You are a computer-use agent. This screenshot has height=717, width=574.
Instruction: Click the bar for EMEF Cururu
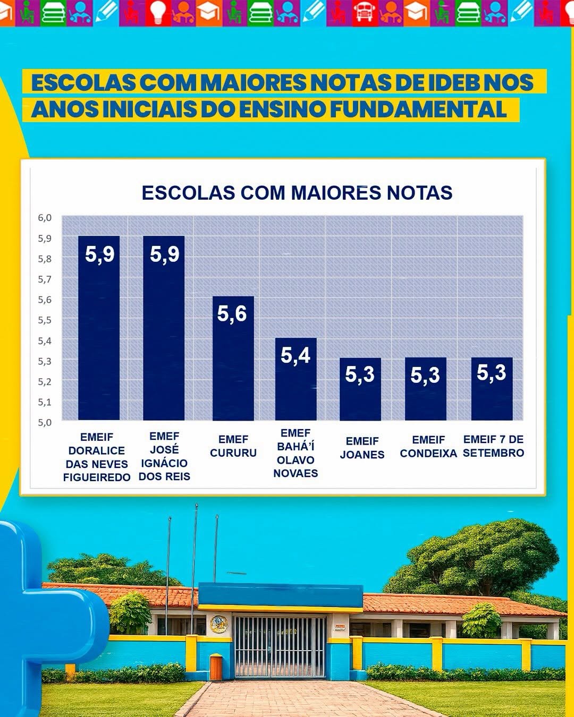coord(233,358)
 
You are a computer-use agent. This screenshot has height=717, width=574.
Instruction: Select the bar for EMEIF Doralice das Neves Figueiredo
coord(99,328)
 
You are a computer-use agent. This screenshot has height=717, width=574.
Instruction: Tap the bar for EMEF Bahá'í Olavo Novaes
coord(296,379)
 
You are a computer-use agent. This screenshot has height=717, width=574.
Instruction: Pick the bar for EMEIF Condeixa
coord(426,389)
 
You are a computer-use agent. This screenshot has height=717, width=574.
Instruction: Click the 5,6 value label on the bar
coord(232,314)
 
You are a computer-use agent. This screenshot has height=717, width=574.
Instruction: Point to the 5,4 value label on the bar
coord(296,355)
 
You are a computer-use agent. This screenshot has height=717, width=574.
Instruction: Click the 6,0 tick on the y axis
coord(45,218)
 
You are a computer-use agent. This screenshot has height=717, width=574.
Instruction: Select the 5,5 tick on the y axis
coord(45,320)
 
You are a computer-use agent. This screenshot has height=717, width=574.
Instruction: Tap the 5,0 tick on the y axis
coord(45,422)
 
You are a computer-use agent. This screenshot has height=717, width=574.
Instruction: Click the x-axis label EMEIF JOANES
coord(362,448)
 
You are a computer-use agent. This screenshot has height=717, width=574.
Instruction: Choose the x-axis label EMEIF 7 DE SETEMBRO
coord(493,446)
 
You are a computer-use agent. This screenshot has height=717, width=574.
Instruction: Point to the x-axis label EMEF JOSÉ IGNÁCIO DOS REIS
coord(164,456)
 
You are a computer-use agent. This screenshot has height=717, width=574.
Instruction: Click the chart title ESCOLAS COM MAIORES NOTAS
coord(297,193)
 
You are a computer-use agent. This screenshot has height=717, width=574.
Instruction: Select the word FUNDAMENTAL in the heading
coord(418,109)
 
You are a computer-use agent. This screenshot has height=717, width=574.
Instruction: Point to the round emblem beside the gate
coord(219,625)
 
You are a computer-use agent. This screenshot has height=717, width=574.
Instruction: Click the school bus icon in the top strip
coord(365,13)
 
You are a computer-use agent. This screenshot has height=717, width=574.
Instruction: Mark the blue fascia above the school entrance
coord(281,595)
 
